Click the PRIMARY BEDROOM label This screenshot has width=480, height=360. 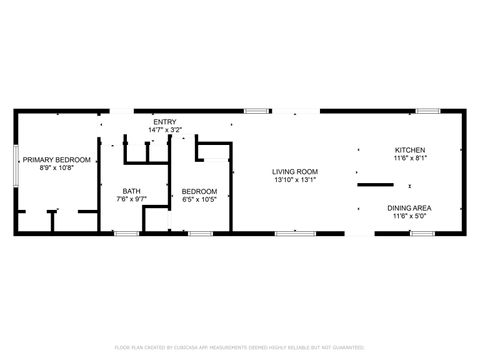[x=57, y=159]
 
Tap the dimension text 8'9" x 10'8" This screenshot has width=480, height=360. [x=57, y=167]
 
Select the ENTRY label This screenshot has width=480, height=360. [x=165, y=121]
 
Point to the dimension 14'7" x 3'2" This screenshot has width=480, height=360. [x=165, y=129]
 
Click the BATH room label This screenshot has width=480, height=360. [x=132, y=191]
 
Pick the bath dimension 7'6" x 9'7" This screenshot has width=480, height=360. [x=132, y=199]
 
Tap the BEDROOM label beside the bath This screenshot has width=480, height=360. [x=199, y=191]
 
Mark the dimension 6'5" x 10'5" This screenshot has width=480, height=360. [x=199, y=199]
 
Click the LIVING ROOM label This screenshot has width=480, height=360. [x=294, y=172]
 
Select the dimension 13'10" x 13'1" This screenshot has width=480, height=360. [x=294, y=180]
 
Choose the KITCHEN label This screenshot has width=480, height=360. [x=410, y=150]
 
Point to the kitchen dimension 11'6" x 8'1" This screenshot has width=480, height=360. [x=410, y=158]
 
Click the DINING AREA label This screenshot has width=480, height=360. [x=410, y=207]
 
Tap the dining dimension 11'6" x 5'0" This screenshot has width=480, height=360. [x=410, y=215]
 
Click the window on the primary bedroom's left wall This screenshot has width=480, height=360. [x=15, y=165]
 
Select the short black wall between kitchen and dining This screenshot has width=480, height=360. [x=376, y=185]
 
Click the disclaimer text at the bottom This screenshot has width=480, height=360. [x=240, y=347]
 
